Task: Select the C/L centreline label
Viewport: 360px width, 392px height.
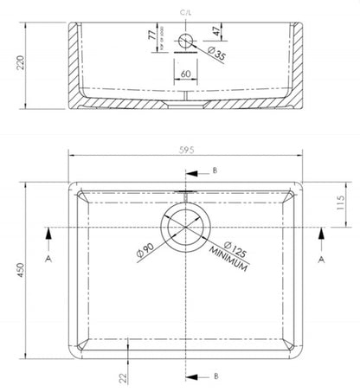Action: [186, 11]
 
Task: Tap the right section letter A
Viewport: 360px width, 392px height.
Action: [322, 258]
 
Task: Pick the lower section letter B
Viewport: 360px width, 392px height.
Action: [214, 376]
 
